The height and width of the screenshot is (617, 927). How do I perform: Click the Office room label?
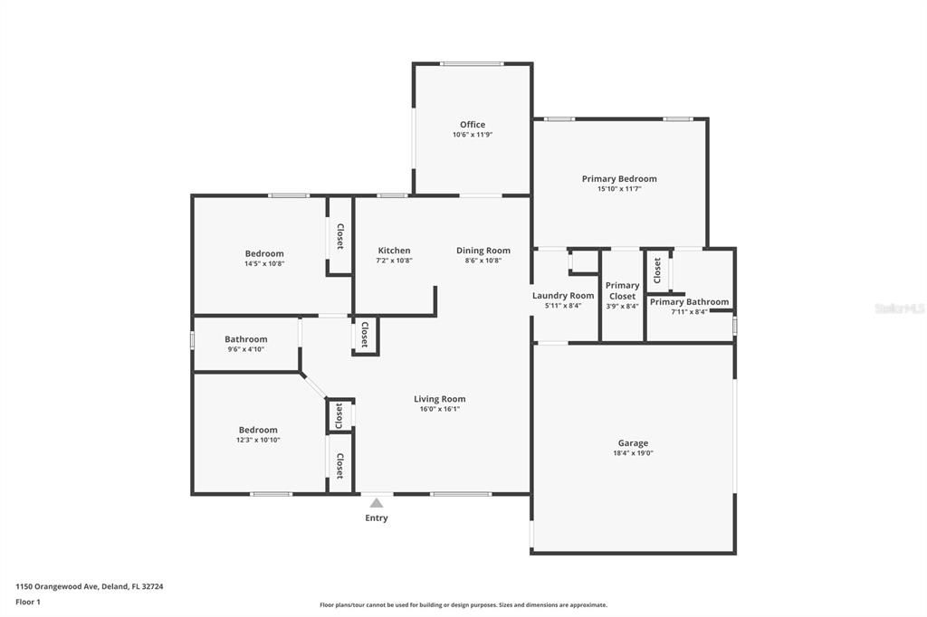pos(472,125)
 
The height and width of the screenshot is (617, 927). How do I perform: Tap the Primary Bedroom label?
pos(619,179)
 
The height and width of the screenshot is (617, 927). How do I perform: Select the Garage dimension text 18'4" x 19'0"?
pos(633,454)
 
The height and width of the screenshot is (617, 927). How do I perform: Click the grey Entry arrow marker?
pos(377,503)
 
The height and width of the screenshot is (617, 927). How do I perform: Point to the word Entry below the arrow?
pos(377,518)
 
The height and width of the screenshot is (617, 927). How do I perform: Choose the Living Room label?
pos(440,399)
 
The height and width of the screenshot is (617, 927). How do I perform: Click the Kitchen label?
pos(394,251)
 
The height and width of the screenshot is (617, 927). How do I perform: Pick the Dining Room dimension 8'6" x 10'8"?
pos(483,261)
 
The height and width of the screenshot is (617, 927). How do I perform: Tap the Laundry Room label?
pos(563,296)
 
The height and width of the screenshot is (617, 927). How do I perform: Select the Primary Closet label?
pos(622,290)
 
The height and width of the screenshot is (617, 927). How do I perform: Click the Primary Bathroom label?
pos(689,302)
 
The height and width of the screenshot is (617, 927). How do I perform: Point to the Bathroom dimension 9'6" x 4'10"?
pos(245,349)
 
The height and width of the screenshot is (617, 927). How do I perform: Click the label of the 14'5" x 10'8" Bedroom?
pos(264,253)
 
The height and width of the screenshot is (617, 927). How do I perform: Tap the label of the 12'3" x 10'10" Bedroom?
pos(258,430)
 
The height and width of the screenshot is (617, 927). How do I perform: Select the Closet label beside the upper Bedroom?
pos(339,236)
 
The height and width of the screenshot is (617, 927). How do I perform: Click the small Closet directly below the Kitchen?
pos(365,335)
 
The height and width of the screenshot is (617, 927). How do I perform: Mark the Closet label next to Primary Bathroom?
pos(657,270)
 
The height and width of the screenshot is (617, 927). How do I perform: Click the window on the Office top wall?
pos(472,63)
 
